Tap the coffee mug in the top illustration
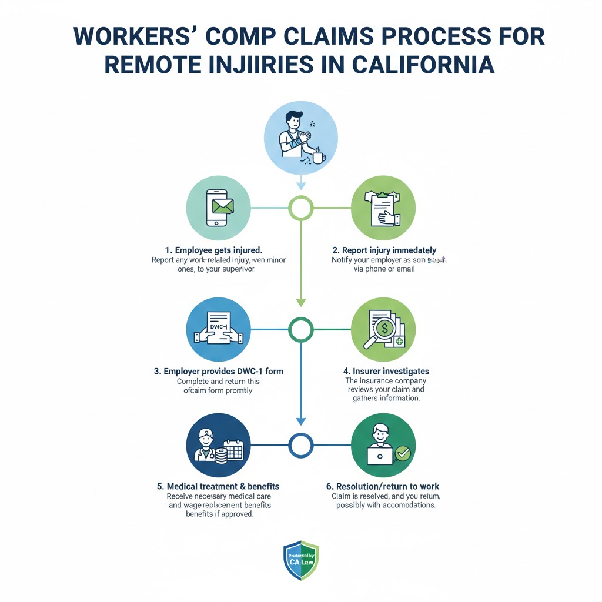point(318,157)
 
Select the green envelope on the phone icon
point(222,206)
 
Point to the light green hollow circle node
point(301,208)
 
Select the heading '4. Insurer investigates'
point(386,371)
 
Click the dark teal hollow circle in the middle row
point(301,330)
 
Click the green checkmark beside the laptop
point(403,453)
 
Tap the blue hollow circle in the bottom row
point(301,444)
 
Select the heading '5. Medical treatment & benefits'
point(218,486)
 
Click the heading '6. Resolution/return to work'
point(383,486)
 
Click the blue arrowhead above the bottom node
point(301,421)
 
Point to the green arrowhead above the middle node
point(301,302)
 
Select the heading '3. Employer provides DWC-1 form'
point(218,371)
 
